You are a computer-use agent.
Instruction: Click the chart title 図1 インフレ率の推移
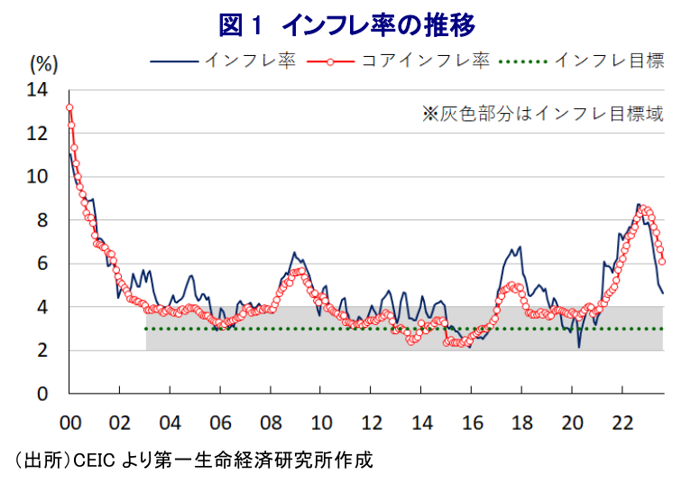[x=346, y=23]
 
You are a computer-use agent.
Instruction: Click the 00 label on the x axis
[x=69, y=422]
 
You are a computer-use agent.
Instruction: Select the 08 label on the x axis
[x=271, y=422]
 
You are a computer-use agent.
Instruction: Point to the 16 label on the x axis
[x=472, y=422]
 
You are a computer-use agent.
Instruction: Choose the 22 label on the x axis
[x=622, y=422]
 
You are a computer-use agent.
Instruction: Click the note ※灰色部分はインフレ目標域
[x=543, y=114]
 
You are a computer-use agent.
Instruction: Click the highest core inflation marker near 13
[x=69, y=107]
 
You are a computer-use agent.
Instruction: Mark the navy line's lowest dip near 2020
[x=579, y=347]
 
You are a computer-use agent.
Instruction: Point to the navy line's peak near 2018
[x=520, y=247]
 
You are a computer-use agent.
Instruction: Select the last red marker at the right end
[x=663, y=262]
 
